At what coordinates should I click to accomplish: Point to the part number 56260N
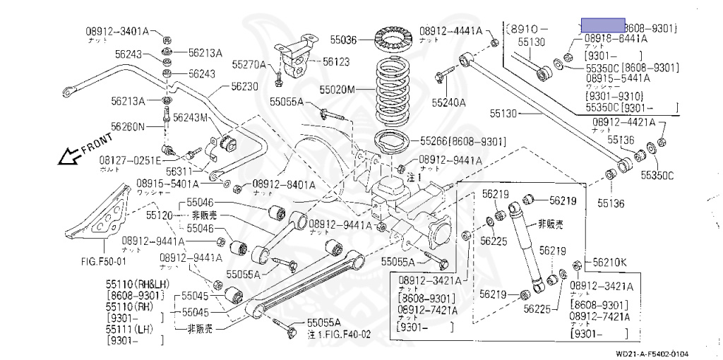pyautogui.click(x=127, y=127)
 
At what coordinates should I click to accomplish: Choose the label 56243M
pyautogui.click(x=190, y=117)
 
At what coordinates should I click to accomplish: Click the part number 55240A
pyautogui.click(x=449, y=102)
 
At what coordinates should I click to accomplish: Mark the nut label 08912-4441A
pyautogui.click(x=450, y=31)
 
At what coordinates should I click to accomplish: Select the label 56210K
pyautogui.click(x=610, y=262)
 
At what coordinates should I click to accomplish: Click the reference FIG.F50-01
pyautogui.click(x=103, y=259)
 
